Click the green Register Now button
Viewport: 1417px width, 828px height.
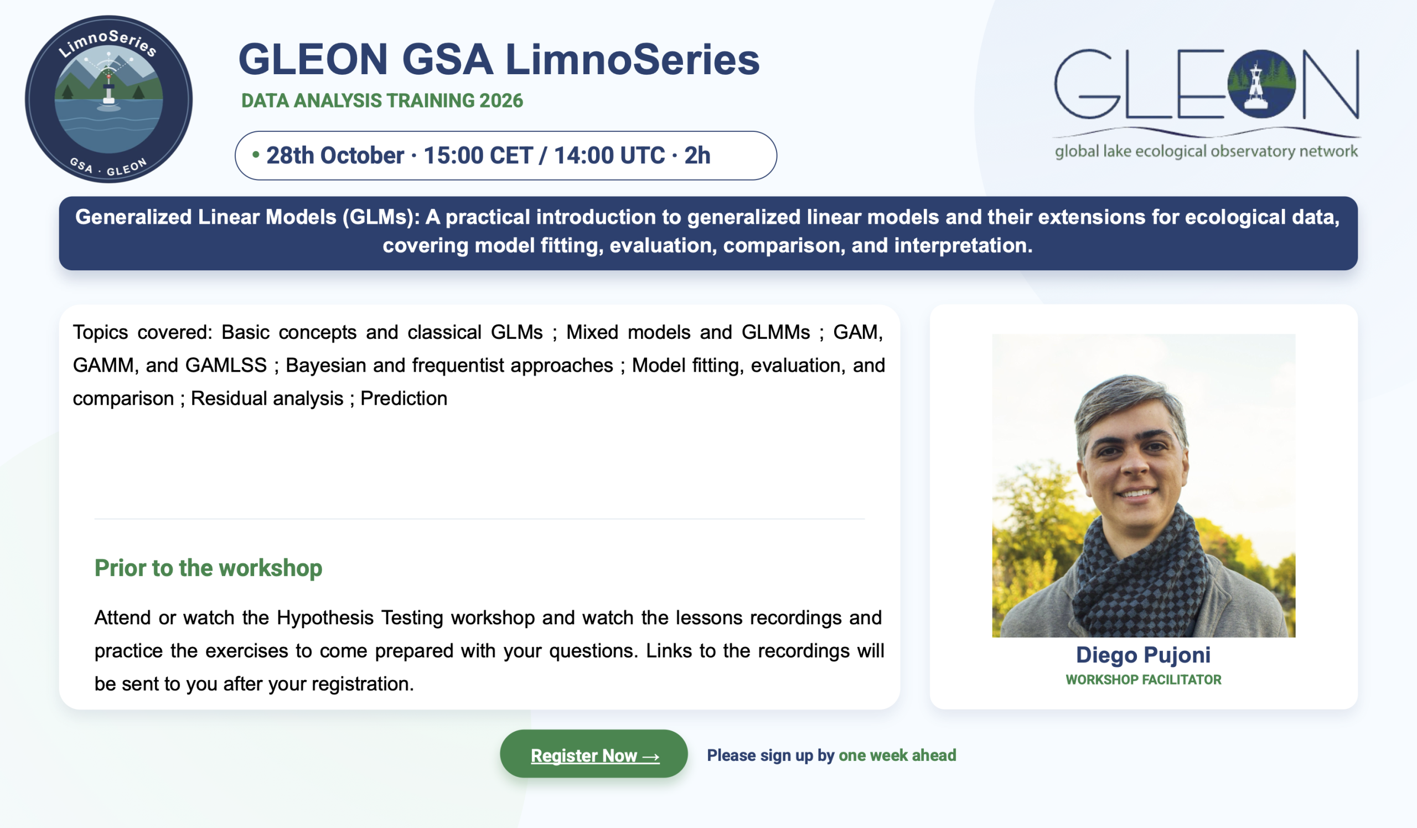(593, 754)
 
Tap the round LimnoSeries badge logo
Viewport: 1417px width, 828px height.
(108, 99)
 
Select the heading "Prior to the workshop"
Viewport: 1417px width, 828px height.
(208, 568)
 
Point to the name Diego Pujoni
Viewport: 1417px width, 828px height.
(1143, 655)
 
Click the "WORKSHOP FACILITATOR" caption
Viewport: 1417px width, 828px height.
(1143, 680)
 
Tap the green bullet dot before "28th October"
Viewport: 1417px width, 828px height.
(256, 154)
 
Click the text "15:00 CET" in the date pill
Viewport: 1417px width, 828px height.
(478, 155)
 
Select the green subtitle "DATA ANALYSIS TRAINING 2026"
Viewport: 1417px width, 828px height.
(382, 101)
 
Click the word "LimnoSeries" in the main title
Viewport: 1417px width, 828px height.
(632, 60)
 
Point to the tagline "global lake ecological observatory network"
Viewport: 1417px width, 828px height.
(1206, 152)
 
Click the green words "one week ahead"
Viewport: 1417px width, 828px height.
(897, 755)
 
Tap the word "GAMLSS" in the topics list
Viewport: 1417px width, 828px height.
(226, 366)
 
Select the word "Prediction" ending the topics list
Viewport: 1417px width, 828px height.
(404, 398)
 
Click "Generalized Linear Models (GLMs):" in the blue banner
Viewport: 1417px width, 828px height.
(247, 217)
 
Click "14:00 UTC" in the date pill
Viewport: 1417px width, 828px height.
(609, 155)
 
